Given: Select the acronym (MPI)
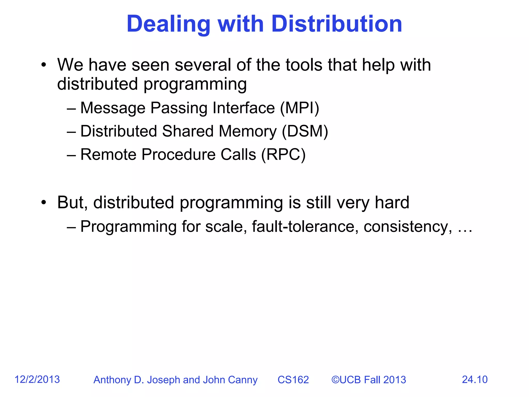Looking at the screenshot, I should (x=300, y=108).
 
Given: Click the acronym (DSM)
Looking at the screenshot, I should (x=305, y=131).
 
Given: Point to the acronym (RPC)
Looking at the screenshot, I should (x=283, y=155).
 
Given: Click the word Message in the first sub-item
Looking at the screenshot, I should (x=113, y=108).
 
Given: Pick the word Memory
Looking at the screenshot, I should (x=248, y=131).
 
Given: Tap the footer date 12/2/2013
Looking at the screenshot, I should (x=37, y=379).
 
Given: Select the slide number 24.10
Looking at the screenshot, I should (x=474, y=379).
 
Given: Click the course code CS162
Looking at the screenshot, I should (x=293, y=380).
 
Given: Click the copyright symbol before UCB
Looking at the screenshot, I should (x=335, y=380).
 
